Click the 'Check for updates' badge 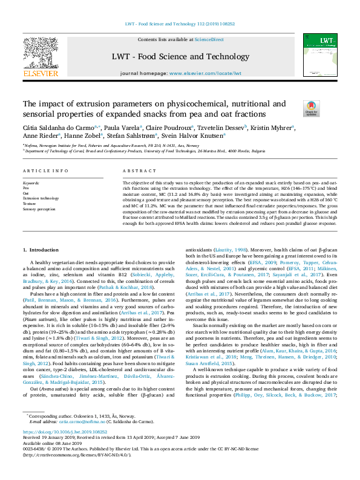click(310, 108)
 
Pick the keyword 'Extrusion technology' click(41, 198)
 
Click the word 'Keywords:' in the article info click(31, 183)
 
